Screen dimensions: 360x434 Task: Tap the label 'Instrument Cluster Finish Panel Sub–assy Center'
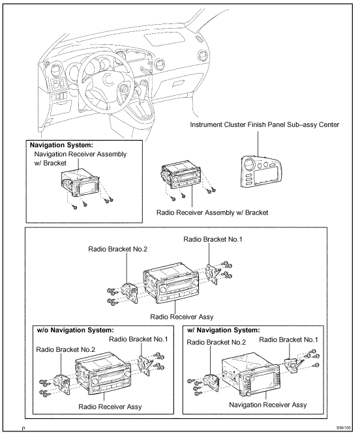click(265, 125)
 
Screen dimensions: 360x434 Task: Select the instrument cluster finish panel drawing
click(259, 172)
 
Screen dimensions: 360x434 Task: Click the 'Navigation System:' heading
click(61, 145)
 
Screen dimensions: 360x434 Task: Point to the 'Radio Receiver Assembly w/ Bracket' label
click(213, 212)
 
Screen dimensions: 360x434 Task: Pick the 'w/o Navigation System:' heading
click(75, 330)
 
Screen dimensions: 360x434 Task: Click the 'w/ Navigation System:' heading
click(224, 330)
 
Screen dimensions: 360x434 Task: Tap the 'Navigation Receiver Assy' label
click(268, 405)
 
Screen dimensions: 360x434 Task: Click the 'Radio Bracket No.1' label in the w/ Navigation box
click(288, 340)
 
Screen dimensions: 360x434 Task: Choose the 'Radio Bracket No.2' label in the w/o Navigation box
click(66, 349)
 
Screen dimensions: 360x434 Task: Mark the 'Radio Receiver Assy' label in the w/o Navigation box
click(110, 407)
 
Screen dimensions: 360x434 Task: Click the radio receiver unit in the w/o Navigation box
click(103, 373)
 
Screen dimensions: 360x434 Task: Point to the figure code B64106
click(344, 427)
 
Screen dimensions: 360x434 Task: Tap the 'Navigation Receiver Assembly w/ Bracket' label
click(80, 158)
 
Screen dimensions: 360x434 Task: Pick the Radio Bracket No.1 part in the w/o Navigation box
click(145, 366)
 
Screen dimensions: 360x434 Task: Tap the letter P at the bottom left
click(23, 429)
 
